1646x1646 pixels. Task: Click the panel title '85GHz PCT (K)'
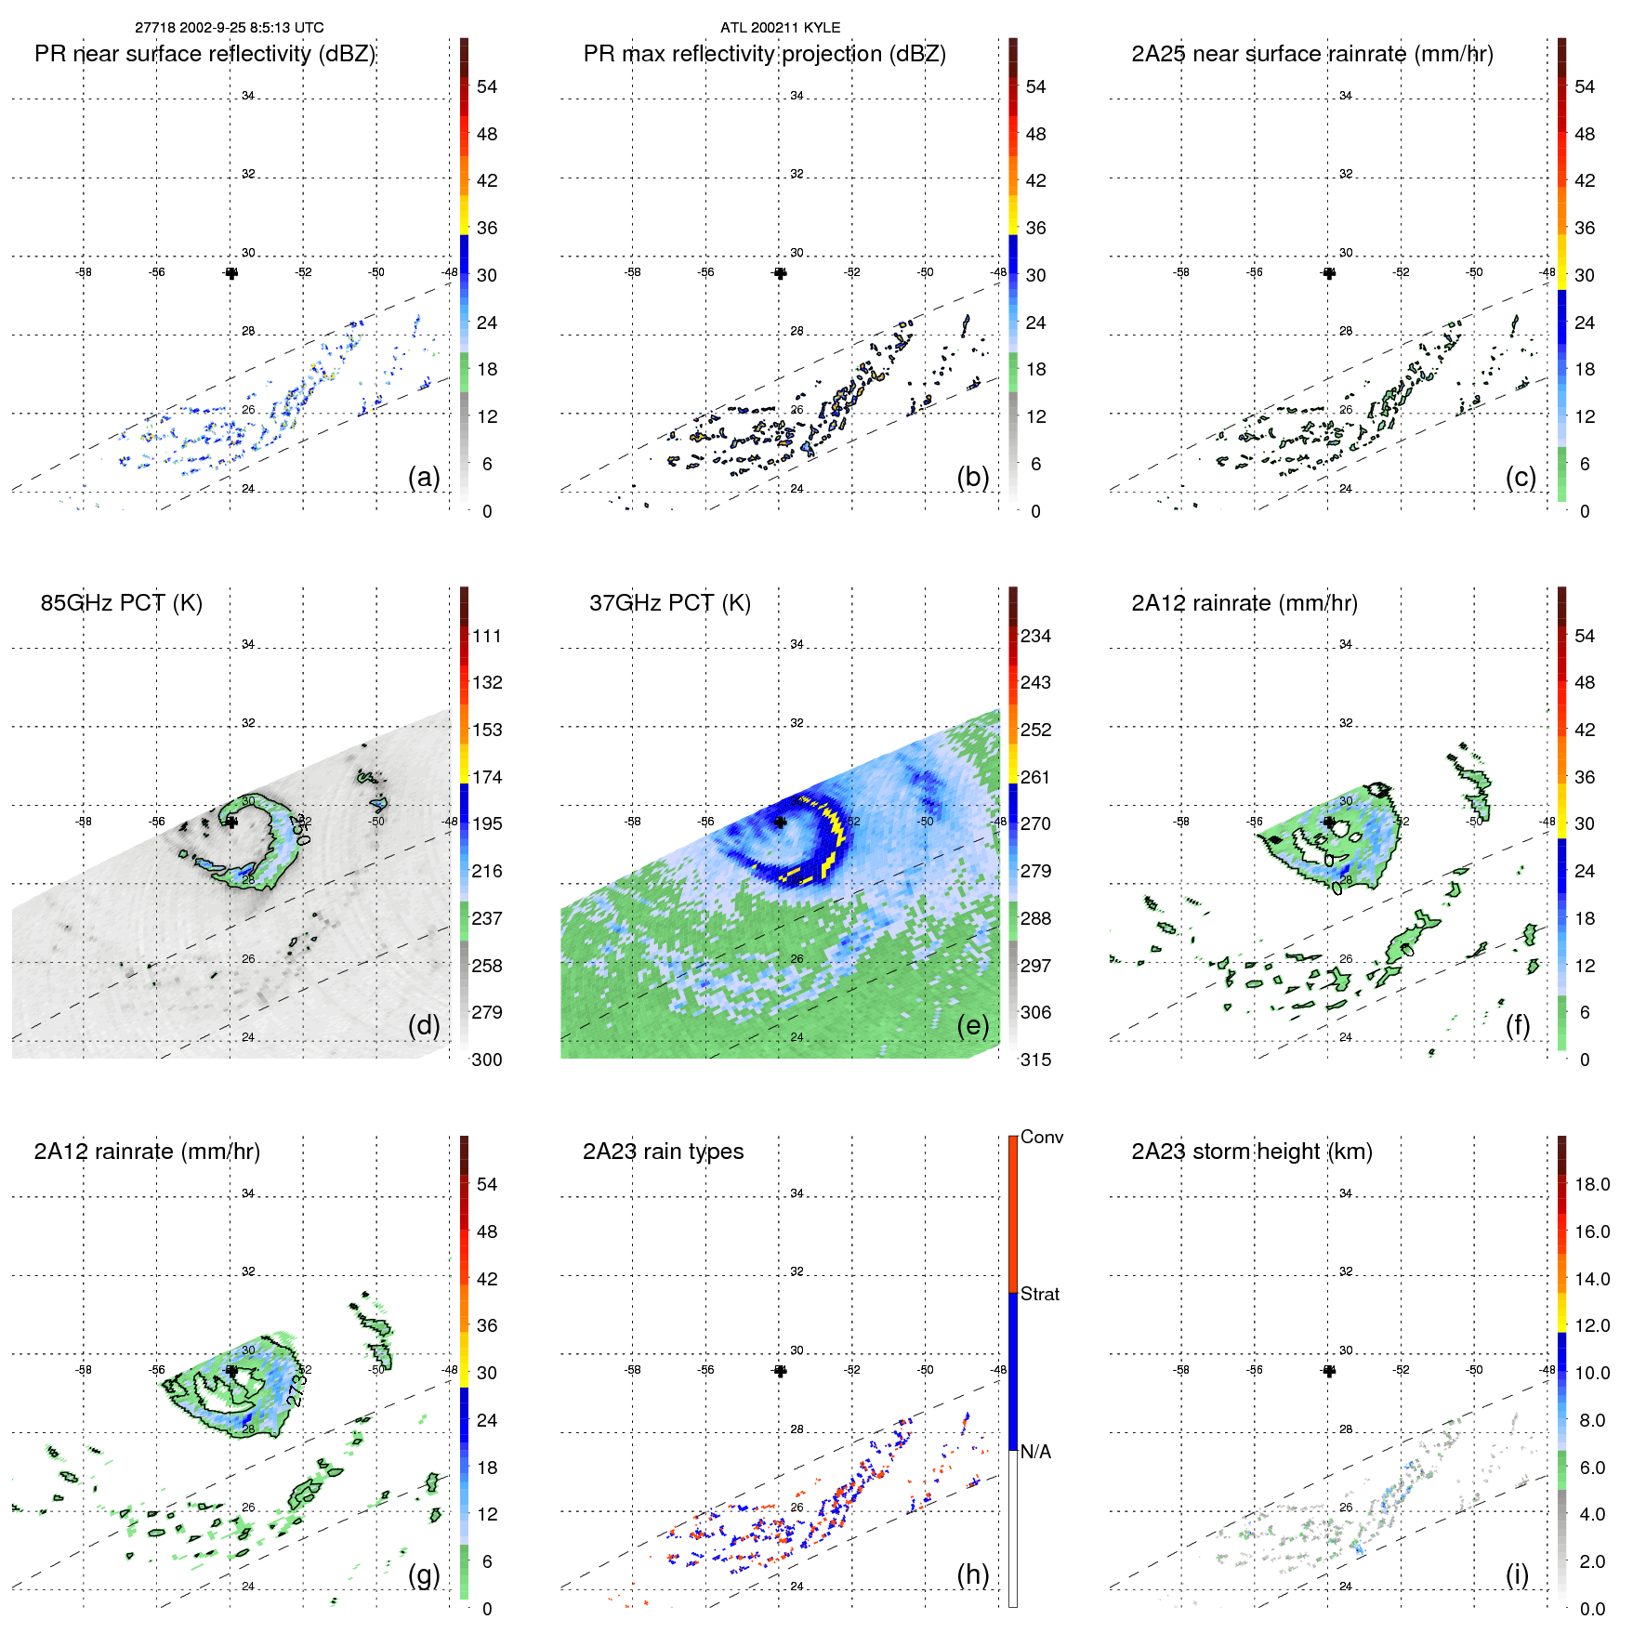coord(121,603)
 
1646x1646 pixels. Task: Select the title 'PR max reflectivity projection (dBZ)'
coord(764,54)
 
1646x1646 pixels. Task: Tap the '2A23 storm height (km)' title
coord(1251,1152)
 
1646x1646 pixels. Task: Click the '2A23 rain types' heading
coord(663,1152)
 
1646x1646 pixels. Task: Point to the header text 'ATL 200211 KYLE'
coord(780,28)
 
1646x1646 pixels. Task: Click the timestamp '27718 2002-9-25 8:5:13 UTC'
coord(229,28)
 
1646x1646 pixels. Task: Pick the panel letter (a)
coord(424,477)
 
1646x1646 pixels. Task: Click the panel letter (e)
coord(972,1025)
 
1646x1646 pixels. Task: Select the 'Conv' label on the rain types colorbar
coord(1041,1137)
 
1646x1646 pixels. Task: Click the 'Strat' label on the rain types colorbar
coord(1040,1294)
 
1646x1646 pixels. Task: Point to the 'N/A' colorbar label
coord(1036,1452)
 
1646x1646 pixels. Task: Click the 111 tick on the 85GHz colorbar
coord(487,636)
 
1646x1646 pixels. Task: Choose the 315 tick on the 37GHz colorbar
coord(1035,1060)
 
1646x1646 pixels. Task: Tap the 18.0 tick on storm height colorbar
coord(1592,1184)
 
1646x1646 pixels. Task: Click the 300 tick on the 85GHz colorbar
coord(487,1060)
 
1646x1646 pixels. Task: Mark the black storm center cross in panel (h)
coord(780,1371)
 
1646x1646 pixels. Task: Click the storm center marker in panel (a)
coord(231,272)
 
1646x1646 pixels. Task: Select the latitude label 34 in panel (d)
coord(248,644)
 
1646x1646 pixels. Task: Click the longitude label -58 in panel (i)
coord(1181,1370)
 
